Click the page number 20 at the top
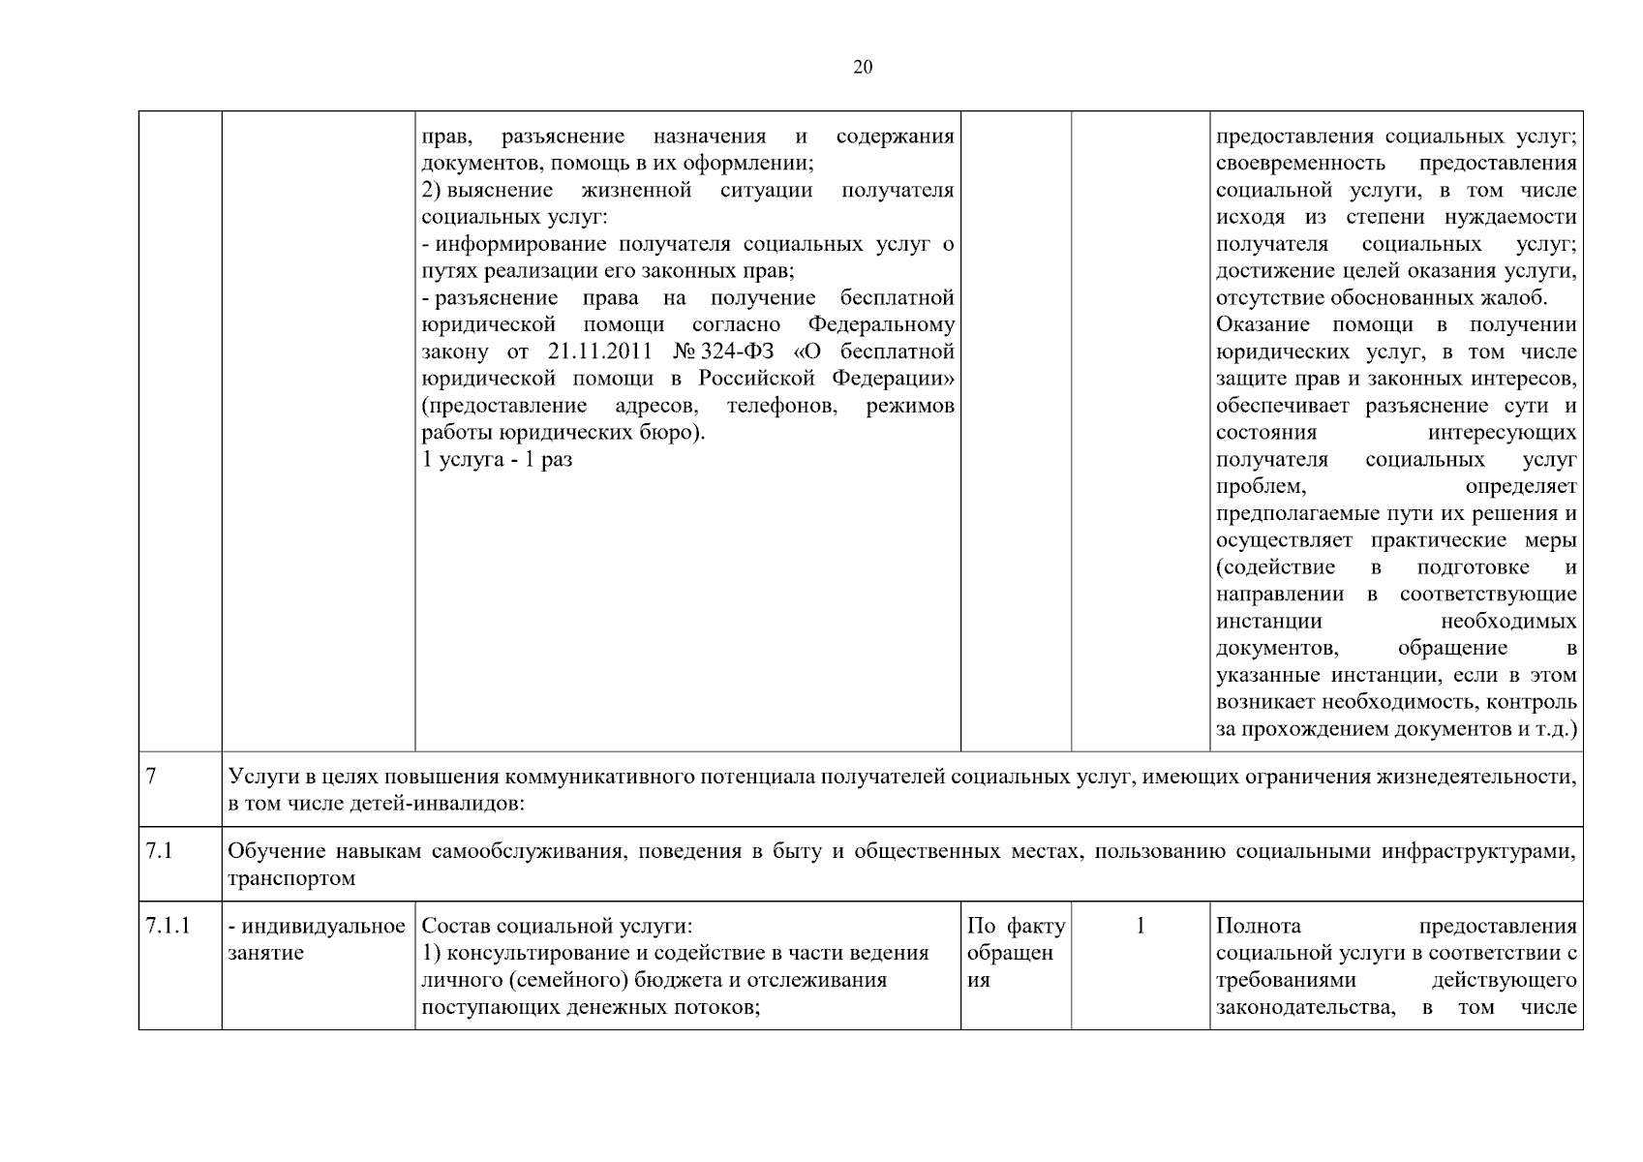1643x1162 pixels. point(863,67)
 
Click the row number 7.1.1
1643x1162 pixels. point(167,927)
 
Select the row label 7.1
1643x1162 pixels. point(159,852)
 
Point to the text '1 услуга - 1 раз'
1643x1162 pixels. point(498,460)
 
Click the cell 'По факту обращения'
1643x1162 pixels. point(1015,953)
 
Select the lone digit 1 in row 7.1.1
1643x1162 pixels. point(1140,927)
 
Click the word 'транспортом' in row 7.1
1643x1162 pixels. point(291,879)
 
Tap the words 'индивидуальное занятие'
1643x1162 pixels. point(316,939)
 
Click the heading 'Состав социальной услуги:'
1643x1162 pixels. point(558,927)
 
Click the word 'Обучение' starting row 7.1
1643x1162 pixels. point(275,852)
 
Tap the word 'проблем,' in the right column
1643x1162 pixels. point(1261,486)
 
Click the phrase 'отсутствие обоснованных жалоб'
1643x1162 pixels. point(1381,297)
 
